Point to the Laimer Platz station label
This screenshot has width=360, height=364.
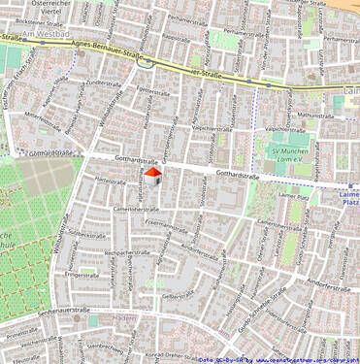pyautogui.click(x=346, y=197)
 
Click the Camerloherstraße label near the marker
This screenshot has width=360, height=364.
pyautogui.click(x=135, y=208)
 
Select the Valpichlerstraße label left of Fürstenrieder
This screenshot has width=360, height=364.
pyautogui.click(x=213, y=127)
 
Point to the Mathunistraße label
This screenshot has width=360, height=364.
pyautogui.click(x=315, y=115)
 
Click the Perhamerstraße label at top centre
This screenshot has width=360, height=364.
pyautogui.click(x=188, y=17)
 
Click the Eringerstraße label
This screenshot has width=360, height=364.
pyautogui.click(x=82, y=275)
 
